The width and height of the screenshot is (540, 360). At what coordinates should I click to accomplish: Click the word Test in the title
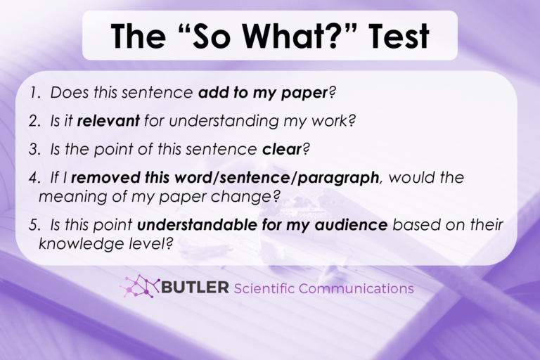397,35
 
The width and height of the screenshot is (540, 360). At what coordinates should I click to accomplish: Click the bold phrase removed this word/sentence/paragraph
236,177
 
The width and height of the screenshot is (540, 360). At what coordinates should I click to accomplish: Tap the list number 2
34,121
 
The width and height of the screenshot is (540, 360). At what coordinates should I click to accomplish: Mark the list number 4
34,177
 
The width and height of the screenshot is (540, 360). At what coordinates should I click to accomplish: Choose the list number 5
34,225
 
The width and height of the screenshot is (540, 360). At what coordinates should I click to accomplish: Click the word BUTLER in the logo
195,288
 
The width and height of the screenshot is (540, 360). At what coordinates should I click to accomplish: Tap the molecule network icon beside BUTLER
141,287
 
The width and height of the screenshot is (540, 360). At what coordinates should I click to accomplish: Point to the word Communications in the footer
356,289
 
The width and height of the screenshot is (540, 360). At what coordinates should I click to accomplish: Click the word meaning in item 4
74,196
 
